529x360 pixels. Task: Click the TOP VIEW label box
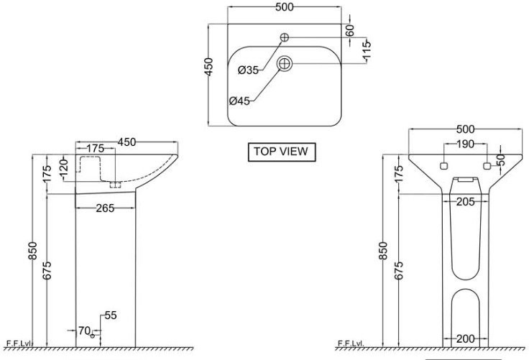click(x=282, y=152)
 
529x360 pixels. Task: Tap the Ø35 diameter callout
click(x=248, y=70)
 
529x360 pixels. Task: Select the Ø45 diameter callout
click(x=239, y=101)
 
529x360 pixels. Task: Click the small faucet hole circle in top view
click(x=285, y=37)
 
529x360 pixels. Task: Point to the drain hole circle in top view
click(x=285, y=64)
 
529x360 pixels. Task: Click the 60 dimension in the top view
click(x=351, y=30)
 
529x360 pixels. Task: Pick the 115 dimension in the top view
click(x=367, y=50)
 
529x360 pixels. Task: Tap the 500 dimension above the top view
click(x=285, y=7)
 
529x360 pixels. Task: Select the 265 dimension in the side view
click(x=105, y=208)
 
